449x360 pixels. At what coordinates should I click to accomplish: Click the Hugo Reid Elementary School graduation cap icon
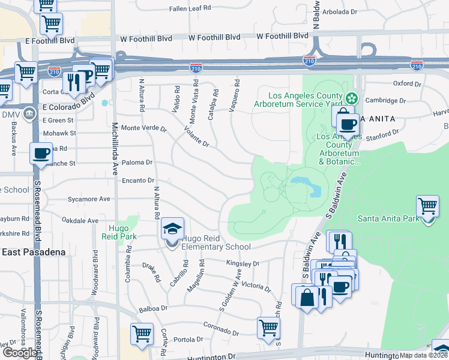(172, 229)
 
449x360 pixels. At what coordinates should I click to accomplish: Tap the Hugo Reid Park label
(123, 232)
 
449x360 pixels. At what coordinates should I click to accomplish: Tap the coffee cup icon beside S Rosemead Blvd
(41, 154)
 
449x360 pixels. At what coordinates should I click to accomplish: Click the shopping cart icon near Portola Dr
(142, 334)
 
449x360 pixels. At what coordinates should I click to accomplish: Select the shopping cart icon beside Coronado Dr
(268, 328)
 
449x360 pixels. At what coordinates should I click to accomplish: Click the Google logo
(19, 353)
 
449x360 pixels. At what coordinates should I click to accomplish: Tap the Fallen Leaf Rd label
(190, 9)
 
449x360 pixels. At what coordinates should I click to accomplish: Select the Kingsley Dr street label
(243, 263)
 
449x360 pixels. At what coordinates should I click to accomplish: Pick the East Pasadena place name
(33, 252)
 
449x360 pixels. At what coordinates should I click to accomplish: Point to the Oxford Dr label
(407, 83)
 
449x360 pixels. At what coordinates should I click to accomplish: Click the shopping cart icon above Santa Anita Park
(427, 206)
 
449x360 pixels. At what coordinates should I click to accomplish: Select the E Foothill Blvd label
(50, 41)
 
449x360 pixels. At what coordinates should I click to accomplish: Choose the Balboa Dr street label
(152, 308)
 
